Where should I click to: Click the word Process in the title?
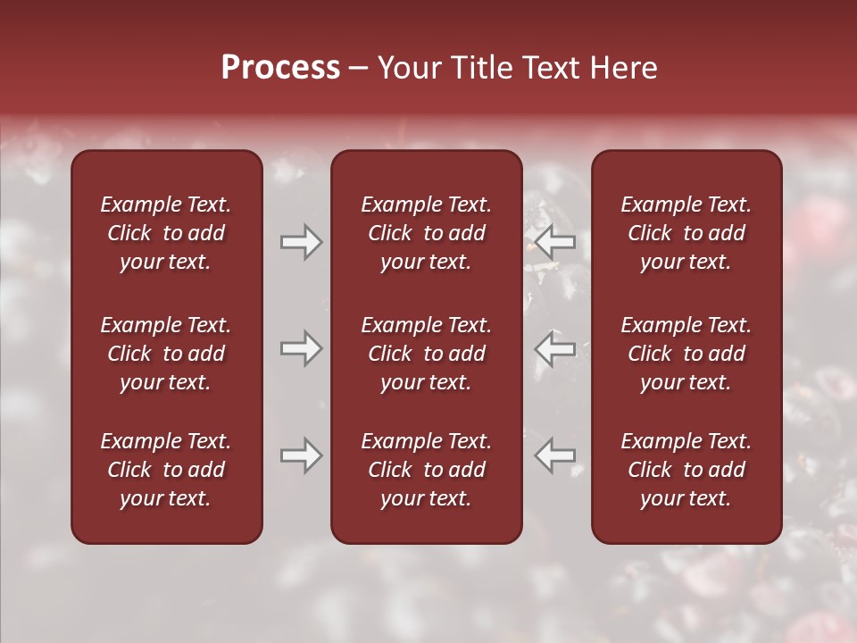coord(280,68)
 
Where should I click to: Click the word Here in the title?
coord(624,68)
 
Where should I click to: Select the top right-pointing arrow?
coord(301,241)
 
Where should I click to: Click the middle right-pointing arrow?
coord(301,348)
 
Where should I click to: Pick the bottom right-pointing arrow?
coord(301,455)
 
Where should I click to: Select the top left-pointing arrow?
coord(555,241)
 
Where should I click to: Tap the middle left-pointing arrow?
coord(555,348)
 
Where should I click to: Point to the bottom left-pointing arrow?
coord(555,455)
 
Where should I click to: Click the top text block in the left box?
coord(166,233)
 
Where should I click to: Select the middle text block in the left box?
coord(166,354)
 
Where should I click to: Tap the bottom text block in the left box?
coord(166,470)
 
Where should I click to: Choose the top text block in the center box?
coord(426,233)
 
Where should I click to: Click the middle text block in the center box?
coord(426,354)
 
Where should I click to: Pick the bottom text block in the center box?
coord(426,470)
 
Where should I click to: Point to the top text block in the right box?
coord(686,233)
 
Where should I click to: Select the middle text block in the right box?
coord(686,354)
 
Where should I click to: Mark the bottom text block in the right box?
coord(686,470)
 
